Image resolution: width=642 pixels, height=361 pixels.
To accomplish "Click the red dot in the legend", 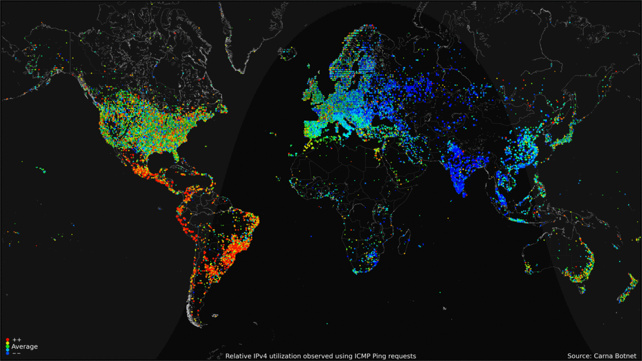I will [x=7, y=339].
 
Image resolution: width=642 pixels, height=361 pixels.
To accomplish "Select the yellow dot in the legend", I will [x=7, y=343].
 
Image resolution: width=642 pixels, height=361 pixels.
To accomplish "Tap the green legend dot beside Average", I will [x=7, y=347].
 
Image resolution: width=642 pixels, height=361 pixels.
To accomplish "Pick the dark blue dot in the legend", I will [x=7, y=353].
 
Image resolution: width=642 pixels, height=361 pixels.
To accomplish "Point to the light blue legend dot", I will [x=7, y=350].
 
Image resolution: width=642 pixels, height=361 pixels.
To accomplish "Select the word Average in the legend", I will [x=25, y=347].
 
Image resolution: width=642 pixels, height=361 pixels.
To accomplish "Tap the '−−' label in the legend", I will [x=16, y=353].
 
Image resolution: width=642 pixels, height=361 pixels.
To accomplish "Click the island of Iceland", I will [x=287, y=54].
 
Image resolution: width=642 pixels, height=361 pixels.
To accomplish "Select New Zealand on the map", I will [x=629, y=289].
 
